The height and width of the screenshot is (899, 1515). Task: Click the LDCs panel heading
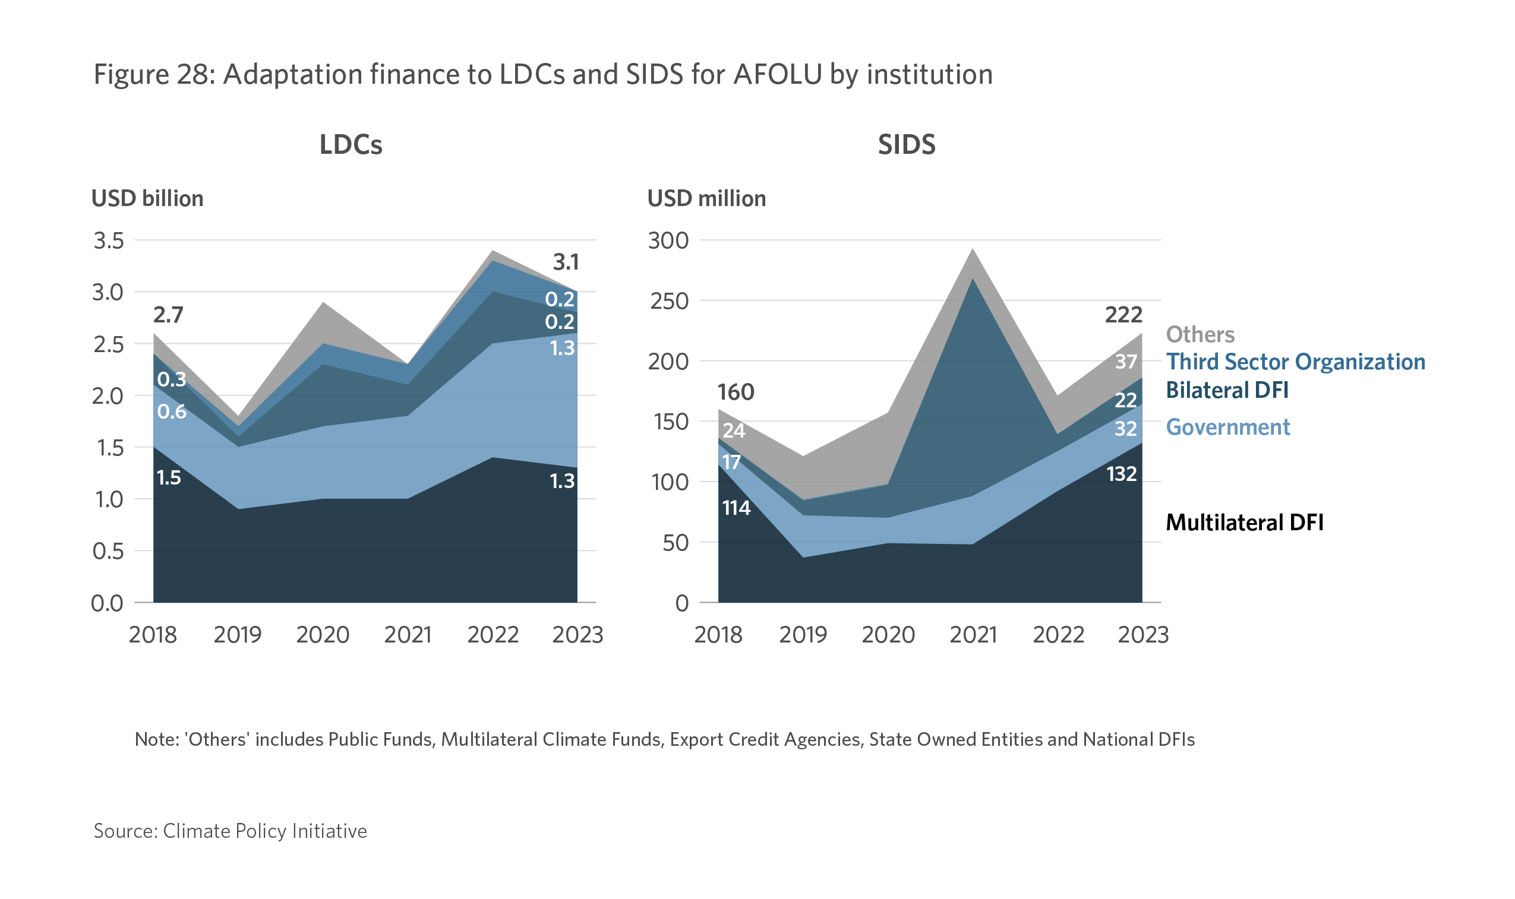351,145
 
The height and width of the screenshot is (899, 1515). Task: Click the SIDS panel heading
907,145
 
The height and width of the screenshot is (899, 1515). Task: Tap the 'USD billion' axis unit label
147,199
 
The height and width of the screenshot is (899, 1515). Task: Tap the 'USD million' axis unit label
706,199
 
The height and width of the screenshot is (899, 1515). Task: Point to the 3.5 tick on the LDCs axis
109,240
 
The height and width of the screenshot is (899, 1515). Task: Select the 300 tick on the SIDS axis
668,240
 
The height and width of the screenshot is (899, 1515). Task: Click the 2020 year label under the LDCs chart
323,635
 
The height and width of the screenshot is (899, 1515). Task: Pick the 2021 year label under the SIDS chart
973,635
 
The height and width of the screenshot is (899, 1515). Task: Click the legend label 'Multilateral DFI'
1245,522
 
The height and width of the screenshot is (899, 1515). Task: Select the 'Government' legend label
1228,427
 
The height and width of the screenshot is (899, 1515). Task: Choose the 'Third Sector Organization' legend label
1296,362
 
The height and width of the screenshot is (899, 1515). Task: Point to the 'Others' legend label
1200,334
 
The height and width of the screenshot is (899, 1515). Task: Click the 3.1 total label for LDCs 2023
566,262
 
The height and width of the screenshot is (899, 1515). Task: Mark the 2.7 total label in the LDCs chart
168,315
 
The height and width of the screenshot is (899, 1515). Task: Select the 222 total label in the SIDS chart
1123,315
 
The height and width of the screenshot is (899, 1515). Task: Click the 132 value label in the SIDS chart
1122,474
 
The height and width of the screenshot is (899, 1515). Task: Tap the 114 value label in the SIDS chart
736,508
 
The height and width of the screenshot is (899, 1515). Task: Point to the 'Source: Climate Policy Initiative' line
231,831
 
